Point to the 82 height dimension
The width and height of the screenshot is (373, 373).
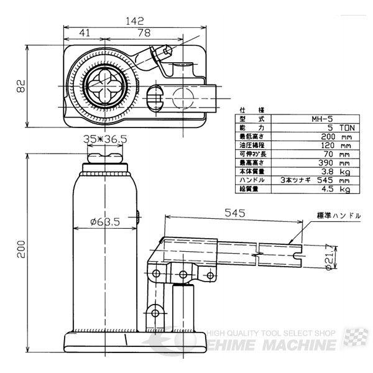20,86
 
